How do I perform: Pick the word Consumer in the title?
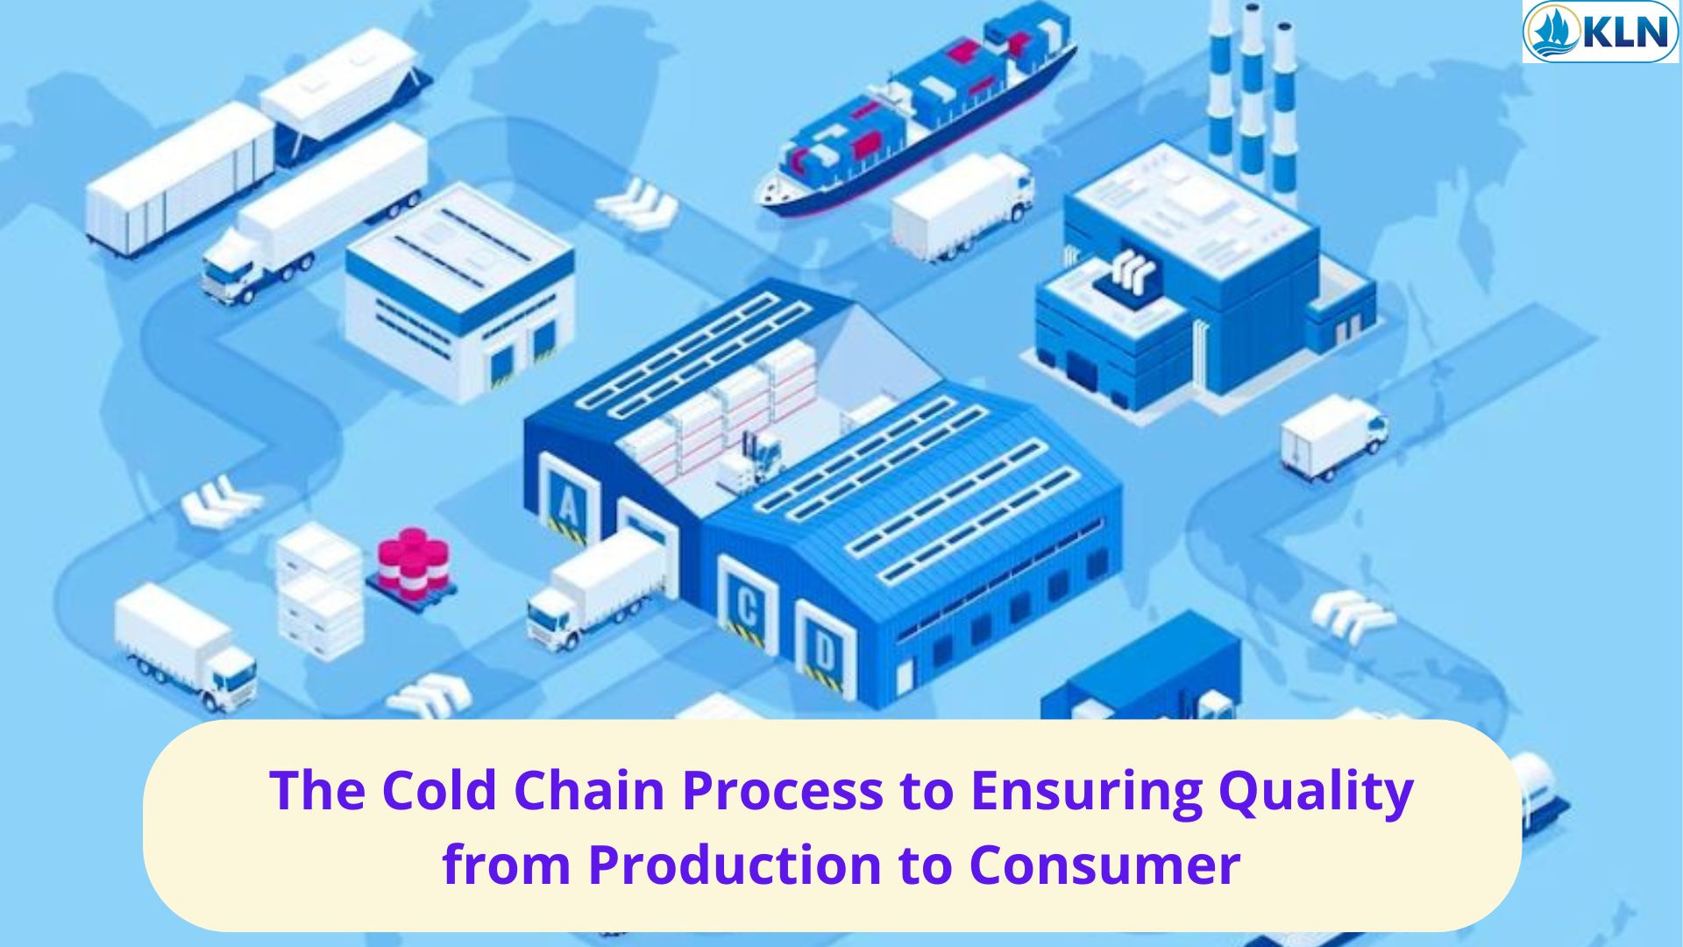1104,865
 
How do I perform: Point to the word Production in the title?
735,865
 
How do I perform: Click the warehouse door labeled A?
568,503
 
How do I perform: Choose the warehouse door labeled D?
823,650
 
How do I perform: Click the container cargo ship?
916,110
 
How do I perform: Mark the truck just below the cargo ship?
962,207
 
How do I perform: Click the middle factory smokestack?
1251,96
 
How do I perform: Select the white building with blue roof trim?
459,294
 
